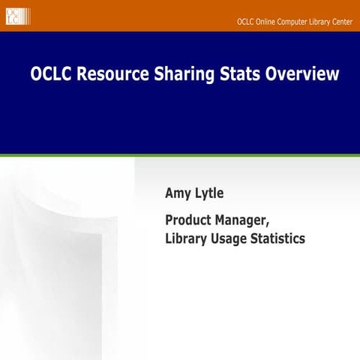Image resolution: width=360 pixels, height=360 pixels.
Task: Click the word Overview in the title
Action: pos(304,75)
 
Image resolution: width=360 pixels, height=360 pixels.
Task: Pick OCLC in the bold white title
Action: pos(52,75)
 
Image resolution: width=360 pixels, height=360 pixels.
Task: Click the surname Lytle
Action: pos(208,194)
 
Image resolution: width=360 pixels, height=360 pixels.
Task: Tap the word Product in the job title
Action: pos(190,221)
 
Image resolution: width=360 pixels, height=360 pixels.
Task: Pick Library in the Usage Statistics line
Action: pos(188,239)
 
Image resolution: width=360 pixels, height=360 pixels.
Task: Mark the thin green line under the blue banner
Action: pos(180,155)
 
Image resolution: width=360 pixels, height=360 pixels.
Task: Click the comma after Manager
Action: pos(268,226)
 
